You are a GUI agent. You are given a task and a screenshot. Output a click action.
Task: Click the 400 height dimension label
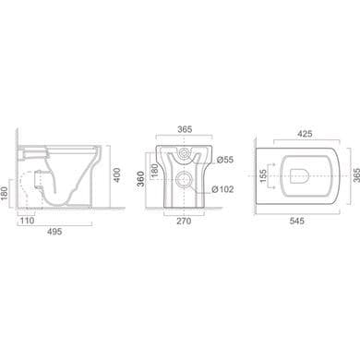pos(117,174)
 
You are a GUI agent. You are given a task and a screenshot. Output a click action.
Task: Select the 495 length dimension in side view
pos(54,232)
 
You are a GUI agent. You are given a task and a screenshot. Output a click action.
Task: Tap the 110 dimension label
pos(28,221)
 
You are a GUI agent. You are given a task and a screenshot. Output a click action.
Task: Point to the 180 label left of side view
pos(5,193)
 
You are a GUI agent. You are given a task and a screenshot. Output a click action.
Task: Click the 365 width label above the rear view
pos(185,129)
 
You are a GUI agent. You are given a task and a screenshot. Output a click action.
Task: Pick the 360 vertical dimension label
pos(140,179)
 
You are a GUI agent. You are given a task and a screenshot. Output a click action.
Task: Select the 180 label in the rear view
pos(154,171)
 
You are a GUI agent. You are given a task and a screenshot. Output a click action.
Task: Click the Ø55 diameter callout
pos(225,160)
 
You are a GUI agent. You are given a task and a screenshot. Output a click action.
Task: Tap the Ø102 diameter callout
pos(222,189)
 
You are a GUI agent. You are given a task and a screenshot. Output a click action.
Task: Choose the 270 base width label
pos(184,221)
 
